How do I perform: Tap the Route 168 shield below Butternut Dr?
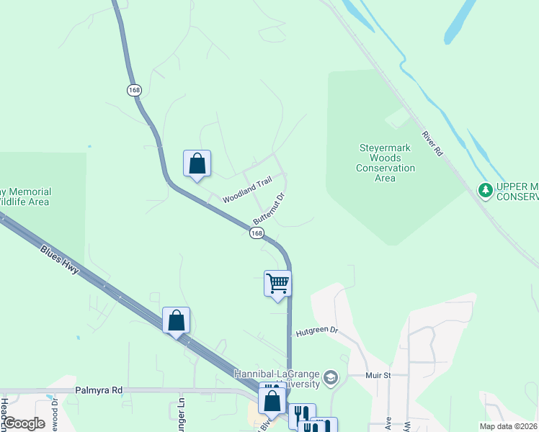point(257,233)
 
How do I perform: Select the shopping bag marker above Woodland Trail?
point(197,164)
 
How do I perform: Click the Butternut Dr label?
point(270,208)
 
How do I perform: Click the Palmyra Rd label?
point(99,390)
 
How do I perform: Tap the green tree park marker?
point(486,190)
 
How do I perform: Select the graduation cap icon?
point(330,377)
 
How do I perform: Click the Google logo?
point(23,423)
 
